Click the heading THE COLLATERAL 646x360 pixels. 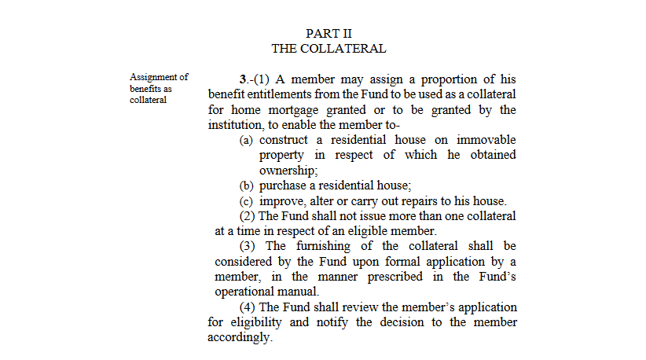[x=329, y=49]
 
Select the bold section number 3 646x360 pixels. [x=243, y=80]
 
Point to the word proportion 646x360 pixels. [x=436, y=80]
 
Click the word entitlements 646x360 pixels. [x=288, y=95]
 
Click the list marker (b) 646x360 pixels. [x=247, y=186]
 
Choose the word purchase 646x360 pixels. [x=282, y=186]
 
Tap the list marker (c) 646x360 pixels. [x=247, y=200]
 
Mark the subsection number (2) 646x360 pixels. [x=247, y=216]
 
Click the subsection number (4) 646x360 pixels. [x=247, y=307]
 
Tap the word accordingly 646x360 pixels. [x=240, y=337]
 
